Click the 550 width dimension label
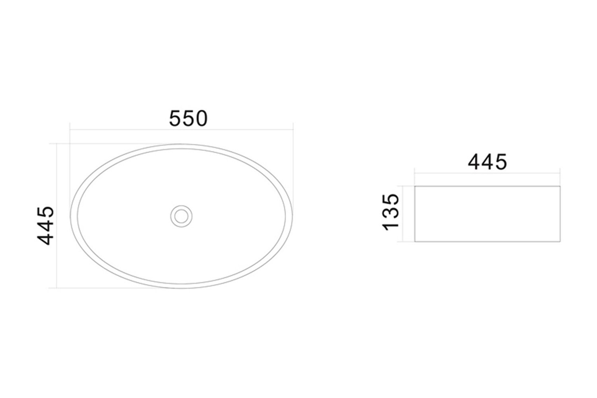[188, 119]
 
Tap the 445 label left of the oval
[46, 226]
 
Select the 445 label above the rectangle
[487, 162]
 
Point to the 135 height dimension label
[390, 212]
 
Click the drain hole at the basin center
[181, 216]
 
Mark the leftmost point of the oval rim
[70, 216]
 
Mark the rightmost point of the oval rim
[293, 216]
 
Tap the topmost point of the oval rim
[181, 144]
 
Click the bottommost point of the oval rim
[181, 289]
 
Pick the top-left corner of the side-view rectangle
[415, 186]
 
